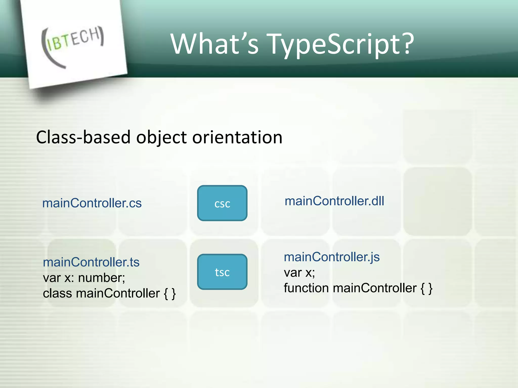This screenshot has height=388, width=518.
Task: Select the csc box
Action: (x=222, y=203)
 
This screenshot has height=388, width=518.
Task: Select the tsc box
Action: (x=222, y=272)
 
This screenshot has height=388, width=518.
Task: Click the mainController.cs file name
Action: (x=92, y=203)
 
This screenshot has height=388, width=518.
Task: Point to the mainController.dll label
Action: (x=334, y=201)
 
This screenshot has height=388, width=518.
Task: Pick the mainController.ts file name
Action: (x=91, y=262)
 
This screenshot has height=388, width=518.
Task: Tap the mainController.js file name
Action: (x=332, y=257)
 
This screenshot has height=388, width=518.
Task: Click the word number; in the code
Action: (x=101, y=278)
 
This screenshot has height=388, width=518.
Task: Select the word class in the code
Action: (x=57, y=294)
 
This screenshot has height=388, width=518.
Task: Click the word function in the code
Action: (x=306, y=288)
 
